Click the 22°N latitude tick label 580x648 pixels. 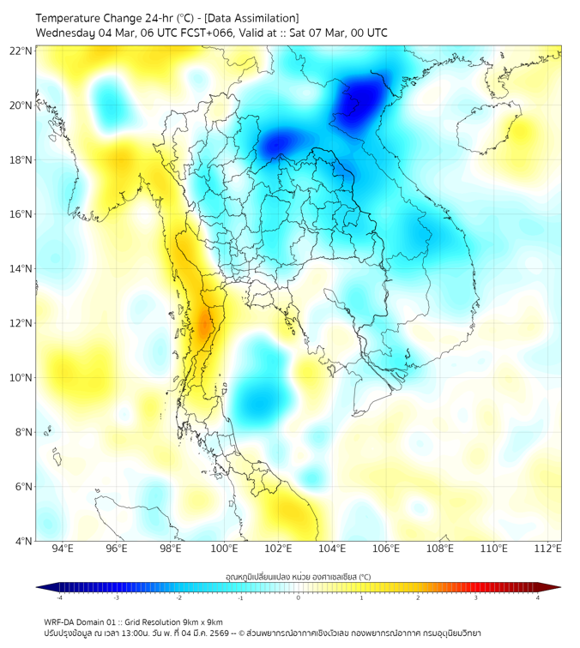pyautogui.click(x=21, y=51)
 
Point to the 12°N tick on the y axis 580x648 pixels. pyautogui.click(x=21, y=323)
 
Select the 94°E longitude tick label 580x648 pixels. pyautogui.click(x=63, y=549)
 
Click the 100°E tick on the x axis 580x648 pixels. pyautogui.click(x=225, y=549)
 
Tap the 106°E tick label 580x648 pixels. pyautogui.click(x=386, y=549)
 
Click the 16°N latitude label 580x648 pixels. pyautogui.click(x=21, y=214)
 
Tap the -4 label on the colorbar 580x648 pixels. pyautogui.click(x=59, y=597)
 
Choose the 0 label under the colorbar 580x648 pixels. pyautogui.click(x=299, y=597)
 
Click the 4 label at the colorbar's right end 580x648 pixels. pyautogui.click(x=537, y=597)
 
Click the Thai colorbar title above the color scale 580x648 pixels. pyautogui.click(x=298, y=577)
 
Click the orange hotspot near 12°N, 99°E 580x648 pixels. pyautogui.click(x=204, y=324)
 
